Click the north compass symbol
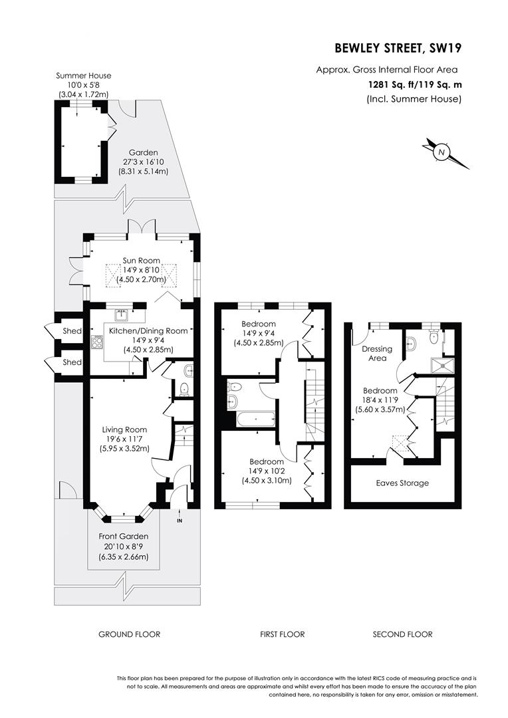[x=441, y=152]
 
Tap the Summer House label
[x=83, y=76]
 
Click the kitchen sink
[x=122, y=312]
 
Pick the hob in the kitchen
[x=97, y=342]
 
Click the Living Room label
[x=124, y=429]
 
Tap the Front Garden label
[x=123, y=537]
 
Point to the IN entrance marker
[x=179, y=521]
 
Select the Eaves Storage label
[x=402, y=483]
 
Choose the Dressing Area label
[x=377, y=353]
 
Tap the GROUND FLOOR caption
[x=129, y=634]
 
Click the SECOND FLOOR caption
[x=402, y=634]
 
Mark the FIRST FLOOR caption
[x=282, y=634]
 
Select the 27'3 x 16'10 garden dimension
[x=143, y=162]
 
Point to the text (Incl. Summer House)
[x=414, y=99]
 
